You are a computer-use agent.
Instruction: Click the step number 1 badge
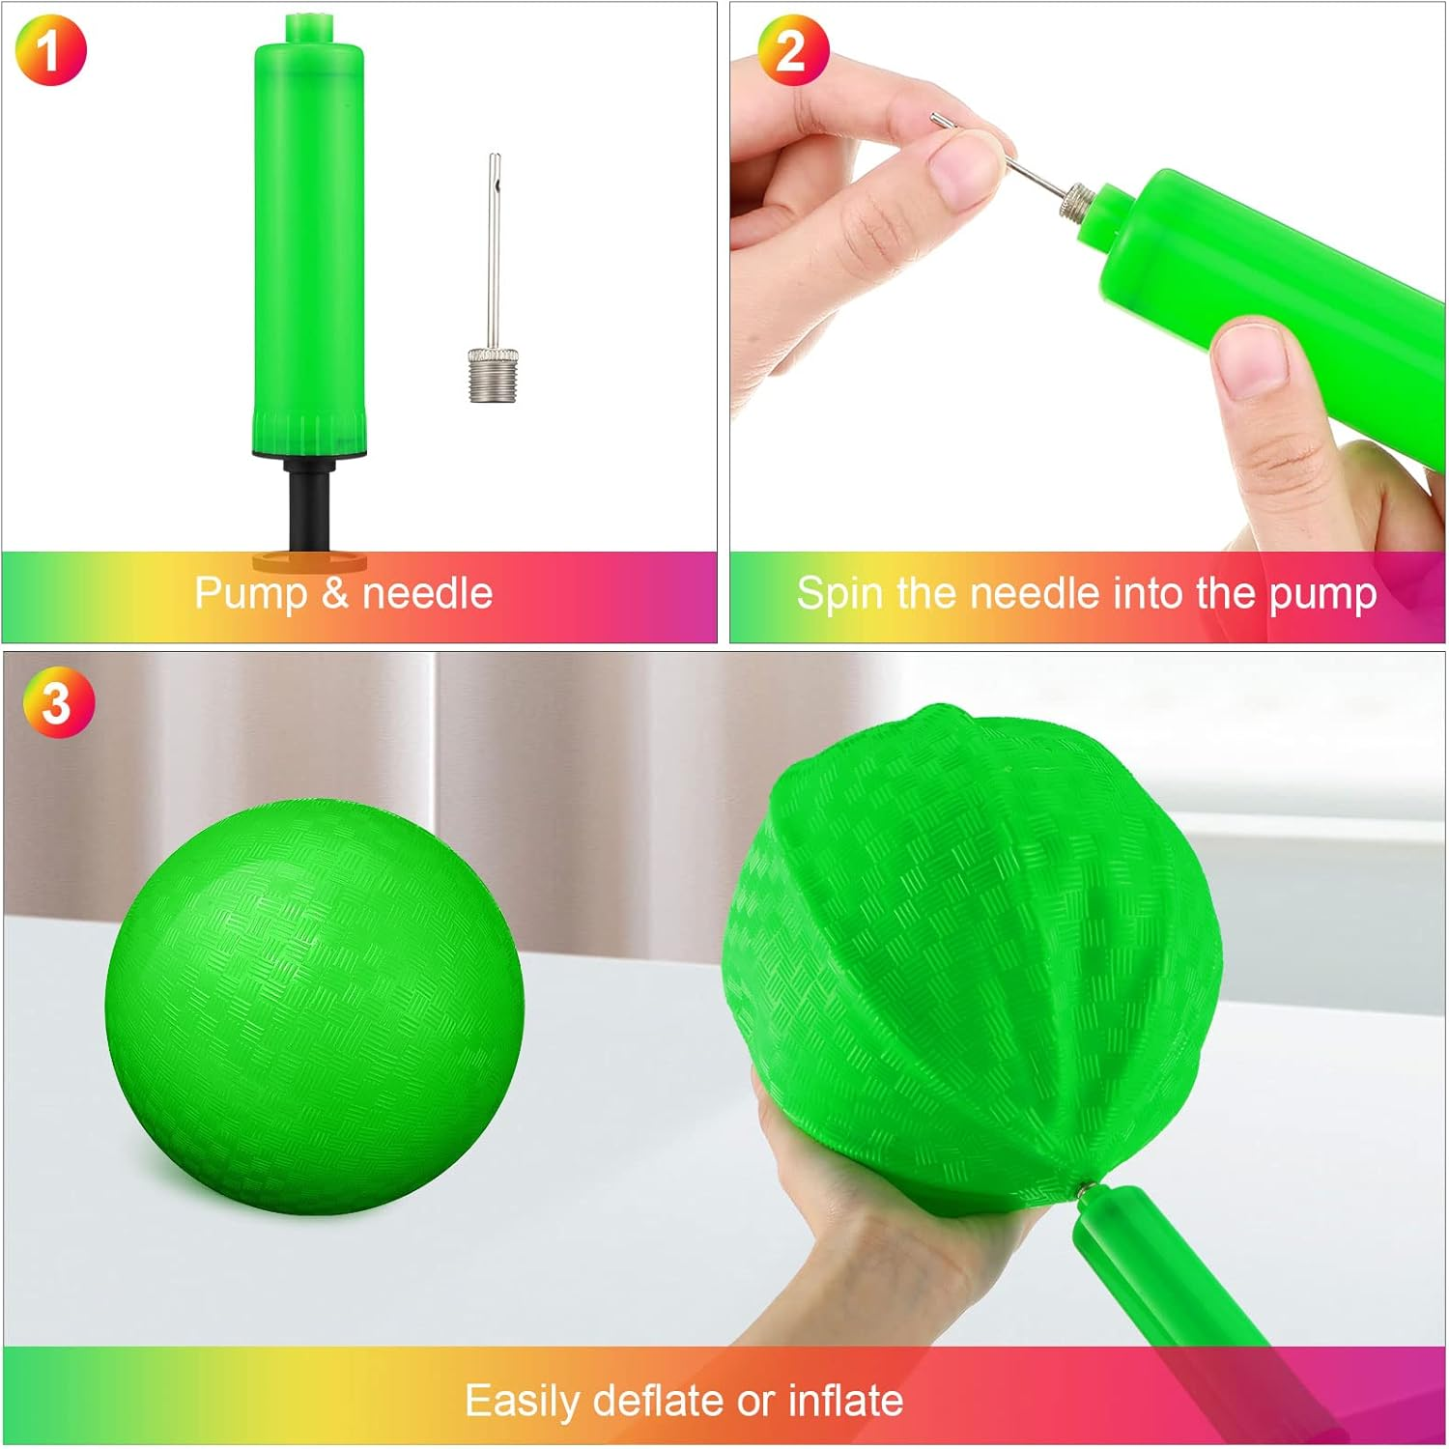pos(50,50)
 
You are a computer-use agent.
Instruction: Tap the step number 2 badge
pos(793,50)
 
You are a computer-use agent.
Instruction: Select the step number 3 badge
pos(59,701)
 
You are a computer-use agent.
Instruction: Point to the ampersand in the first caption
pos(335,593)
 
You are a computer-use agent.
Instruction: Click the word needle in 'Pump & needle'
pos(427,592)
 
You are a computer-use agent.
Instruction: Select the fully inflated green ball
pos(314,1006)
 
